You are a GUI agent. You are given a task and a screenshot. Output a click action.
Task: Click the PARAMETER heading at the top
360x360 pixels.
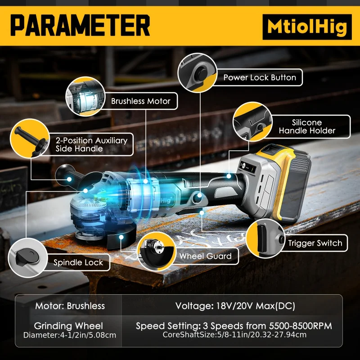click(80, 25)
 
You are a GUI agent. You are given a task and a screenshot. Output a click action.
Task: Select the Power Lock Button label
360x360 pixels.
click(260, 77)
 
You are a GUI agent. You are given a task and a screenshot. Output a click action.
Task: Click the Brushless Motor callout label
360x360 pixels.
click(140, 101)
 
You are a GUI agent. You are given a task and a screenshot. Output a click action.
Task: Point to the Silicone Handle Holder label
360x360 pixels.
click(307, 126)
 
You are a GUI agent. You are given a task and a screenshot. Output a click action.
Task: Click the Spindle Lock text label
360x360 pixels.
click(78, 262)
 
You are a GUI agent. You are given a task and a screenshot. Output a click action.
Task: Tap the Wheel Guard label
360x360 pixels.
click(205, 256)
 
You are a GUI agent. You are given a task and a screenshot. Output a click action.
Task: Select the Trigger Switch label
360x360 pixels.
click(315, 243)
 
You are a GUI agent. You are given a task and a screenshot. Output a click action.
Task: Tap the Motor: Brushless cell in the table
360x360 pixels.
click(70, 306)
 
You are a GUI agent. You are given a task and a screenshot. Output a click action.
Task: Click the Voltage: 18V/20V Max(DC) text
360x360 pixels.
click(235, 306)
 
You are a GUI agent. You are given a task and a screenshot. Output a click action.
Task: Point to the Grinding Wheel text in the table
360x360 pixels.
click(68, 326)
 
